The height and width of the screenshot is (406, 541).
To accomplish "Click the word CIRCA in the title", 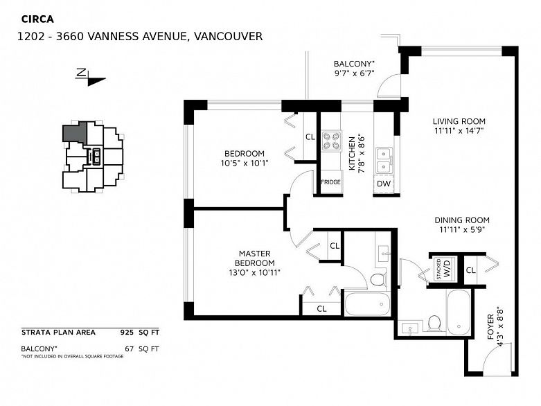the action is click(x=37, y=19).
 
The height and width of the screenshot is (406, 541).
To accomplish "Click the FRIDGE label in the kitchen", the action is click(x=331, y=182).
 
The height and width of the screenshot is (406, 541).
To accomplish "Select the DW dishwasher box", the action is click(x=384, y=184).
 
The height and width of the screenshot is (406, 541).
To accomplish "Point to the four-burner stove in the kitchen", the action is click(x=332, y=141).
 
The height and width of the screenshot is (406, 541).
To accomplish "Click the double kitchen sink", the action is click(x=384, y=160).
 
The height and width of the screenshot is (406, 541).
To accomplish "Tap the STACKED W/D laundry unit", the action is click(x=445, y=269).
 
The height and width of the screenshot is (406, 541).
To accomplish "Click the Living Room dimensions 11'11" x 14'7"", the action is click(x=459, y=131).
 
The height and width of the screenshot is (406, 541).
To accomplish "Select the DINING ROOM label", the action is click(x=461, y=220).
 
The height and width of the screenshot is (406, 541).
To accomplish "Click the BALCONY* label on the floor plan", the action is click(x=354, y=64).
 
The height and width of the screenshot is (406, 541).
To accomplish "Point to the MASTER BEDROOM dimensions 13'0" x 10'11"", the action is click(x=255, y=272).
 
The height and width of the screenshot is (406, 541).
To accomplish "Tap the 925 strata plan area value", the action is click(x=127, y=333).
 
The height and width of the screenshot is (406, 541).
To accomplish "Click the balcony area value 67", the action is click(x=129, y=348).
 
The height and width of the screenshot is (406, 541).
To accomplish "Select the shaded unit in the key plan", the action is click(x=74, y=132).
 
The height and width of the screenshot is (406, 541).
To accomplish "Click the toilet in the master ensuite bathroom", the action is click(x=378, y=279).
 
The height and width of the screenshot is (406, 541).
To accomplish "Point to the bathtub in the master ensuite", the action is click(x=367, y=303).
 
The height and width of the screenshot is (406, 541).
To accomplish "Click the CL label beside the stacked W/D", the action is click(x=470, y=270).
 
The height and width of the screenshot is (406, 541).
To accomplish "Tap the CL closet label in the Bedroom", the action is click(x=310, y=137).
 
